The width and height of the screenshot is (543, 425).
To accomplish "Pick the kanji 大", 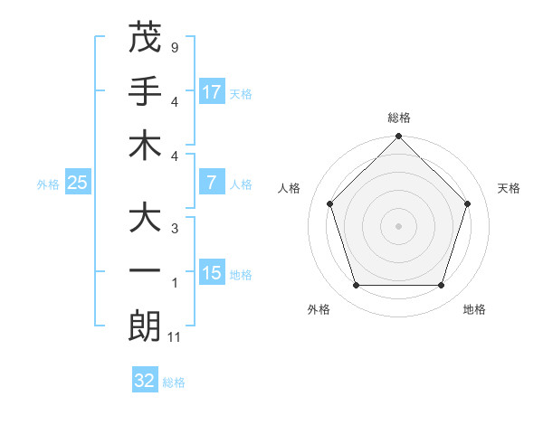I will pyautogui.click(x=145, y=218).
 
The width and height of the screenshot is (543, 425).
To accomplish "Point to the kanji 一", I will pyautogui.click(x=145, y=272).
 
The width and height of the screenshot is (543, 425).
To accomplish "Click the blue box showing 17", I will pyautogui.click(x=212, y=91).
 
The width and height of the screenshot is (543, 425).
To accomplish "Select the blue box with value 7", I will pyautogui.click(x=212, y=183).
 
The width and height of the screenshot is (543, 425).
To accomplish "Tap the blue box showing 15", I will pyautogui.click(x=212, y=273).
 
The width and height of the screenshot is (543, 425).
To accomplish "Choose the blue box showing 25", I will pyautogui.click(x=78, y=183).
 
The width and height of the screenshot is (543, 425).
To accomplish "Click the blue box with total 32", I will pyautogui.click(x=145, y=381).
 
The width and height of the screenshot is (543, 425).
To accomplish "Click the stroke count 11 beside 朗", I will pyautogui.click(x=175, y=338).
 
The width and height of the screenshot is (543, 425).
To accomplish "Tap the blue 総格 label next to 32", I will pyautogui.click(x=174, y=382).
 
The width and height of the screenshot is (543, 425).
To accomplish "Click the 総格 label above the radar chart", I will pyautogui.click(x=398, y=118).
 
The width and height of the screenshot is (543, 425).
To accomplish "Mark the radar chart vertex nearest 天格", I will pyautogui.click(x=468, y=203).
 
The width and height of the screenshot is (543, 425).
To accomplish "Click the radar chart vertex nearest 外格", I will pyautogui.click(x=356, y=286).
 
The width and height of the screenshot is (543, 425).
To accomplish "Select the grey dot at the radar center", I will pyautogui.click(x=398, y=225).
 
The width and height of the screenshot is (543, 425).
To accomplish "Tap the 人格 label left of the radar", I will pyautogui.click(x=290, y=188).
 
